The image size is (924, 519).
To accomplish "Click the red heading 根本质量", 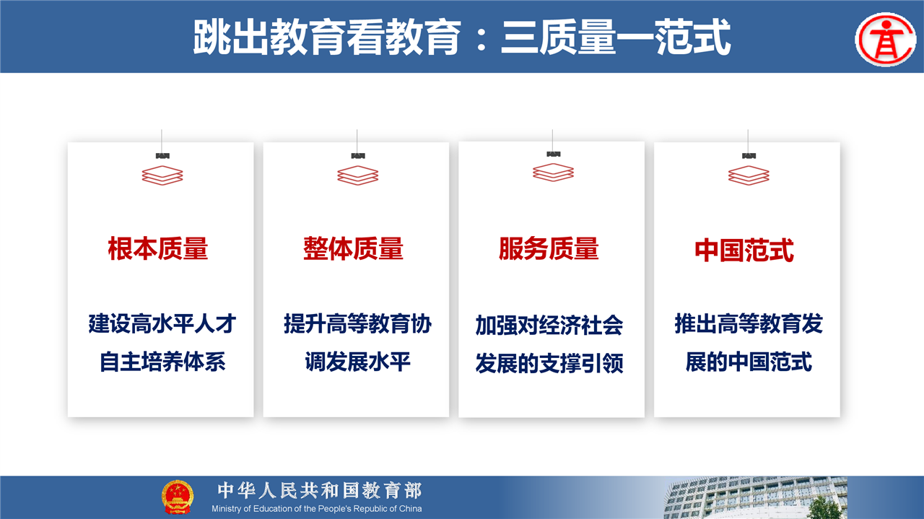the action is point(158,248).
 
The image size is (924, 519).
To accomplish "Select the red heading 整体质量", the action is point(354,248).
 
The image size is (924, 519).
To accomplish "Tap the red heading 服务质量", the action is point(549,248).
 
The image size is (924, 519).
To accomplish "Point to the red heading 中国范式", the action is point(744,250).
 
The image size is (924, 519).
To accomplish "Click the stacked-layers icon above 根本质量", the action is point(162,175).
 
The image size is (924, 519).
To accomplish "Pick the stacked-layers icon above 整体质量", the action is point(357,175).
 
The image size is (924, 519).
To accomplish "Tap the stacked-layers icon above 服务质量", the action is point(553,173).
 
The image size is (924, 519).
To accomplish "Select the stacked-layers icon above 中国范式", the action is point(749,175).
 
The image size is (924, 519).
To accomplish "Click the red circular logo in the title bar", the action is point(886,40).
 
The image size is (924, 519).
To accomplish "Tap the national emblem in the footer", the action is point(178,497).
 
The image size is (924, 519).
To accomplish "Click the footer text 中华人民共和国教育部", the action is point(320,491).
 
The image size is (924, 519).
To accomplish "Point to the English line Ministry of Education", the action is point(317,509).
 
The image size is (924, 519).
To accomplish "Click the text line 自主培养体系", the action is point(162,362).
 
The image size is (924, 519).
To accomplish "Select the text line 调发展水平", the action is point(357,362).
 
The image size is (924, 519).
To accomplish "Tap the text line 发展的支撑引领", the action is point(549,364).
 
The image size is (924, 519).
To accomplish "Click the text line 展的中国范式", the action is point(749,362).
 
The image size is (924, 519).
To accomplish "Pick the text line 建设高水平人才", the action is point(162,323).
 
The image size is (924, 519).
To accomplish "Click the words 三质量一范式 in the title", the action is point(616,37).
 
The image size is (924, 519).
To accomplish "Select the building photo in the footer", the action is point(755,497).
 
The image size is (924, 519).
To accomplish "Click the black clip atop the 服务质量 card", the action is point(553,154).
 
